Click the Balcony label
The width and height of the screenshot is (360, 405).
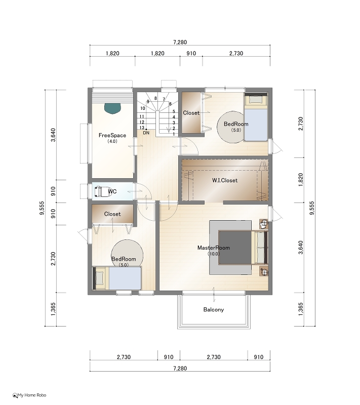pyautogui.click(x=214, y=309)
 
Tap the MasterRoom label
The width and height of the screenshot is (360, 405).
pyautogui.click(x=214, y=248)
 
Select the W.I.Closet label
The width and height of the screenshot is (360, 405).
pyautogui.click(x=225, y=180)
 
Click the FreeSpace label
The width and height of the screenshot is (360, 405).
pyautogui.click(x=112, y=135)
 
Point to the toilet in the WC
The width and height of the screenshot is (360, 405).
pyautogui.click(x=103, y=191)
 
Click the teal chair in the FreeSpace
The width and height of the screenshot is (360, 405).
pyautogui.click(x=112, y=108)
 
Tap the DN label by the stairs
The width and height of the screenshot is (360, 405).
pyautogui.click(x=146, y=133)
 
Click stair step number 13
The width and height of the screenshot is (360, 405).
pyautogui.click(x=142, y=128)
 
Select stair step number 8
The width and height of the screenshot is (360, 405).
pyautogui.click(x=155, y=98)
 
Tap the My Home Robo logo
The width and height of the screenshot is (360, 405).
pyautogui.click(x=29, y=395)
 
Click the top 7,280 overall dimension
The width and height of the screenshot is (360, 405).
pyautogui.click(x=180, y=42)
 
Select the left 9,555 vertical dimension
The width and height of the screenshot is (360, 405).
pyautogui.click(x=42, y=208)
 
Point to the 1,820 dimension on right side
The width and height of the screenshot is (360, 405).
pyautogui.click(x=301, y=180)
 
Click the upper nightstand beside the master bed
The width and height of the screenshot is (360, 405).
pyautogui.click(x=264, y=224)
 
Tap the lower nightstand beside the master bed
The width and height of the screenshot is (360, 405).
pyautogui.click(x=264, y=271)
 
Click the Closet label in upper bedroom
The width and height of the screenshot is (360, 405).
pyautogui.click(x=191, y=113)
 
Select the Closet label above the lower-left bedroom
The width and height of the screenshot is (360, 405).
pyautogui.click(x=112, y=214)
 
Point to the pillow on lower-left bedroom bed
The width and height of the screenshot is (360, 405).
pyautogui.click(x=100, y=278)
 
